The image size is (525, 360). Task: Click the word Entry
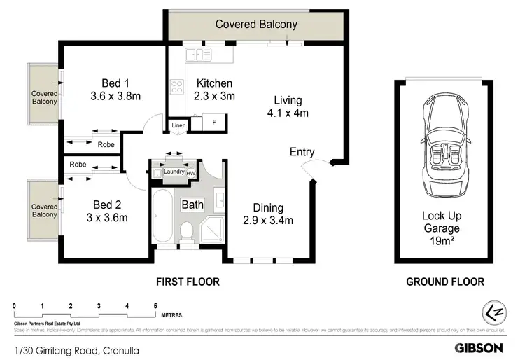point(302,152)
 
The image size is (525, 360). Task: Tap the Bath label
point(192,205)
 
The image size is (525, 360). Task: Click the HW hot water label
point(190,172)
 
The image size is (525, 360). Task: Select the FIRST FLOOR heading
point(187,282)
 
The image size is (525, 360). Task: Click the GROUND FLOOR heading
point(445,282)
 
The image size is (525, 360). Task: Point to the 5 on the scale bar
point(155,306)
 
